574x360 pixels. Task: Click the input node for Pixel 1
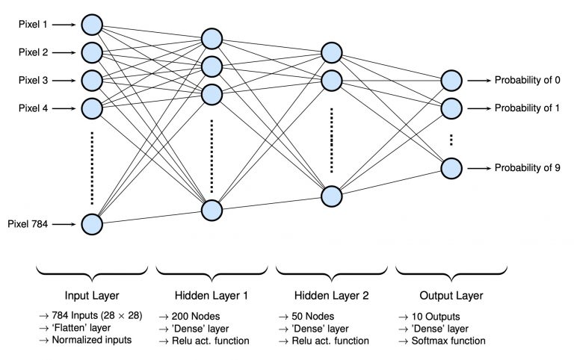click(x=91, y=25)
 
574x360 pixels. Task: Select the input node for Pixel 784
click(x=91, y=224)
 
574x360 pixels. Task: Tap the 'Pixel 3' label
click(x=33, y=80)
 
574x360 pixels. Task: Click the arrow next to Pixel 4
click(x=64, y=108)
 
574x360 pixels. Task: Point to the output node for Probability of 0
click(x=451, y=81)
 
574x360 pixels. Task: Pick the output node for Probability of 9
click(x=451, y=168)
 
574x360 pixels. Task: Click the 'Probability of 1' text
click(x=527, y=108)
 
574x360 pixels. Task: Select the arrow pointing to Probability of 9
click(x=479, y=168)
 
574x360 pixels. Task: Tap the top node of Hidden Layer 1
click(x=212, y=39)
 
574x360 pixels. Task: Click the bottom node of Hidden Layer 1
click(x=212, y=211)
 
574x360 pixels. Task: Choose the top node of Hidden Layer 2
click(x=332, y=53)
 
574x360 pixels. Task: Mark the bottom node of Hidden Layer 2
click(x=332, y=196)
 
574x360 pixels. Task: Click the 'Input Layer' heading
click(x=92, y=296)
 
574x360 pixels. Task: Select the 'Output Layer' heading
click(x=451, y=296)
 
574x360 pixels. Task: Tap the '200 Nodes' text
click(x=196, y=317)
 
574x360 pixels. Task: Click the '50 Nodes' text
click(x=313, y=317)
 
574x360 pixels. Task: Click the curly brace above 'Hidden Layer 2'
click(x=332, y=273)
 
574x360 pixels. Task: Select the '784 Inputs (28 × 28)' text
click(x=97, y=315)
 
